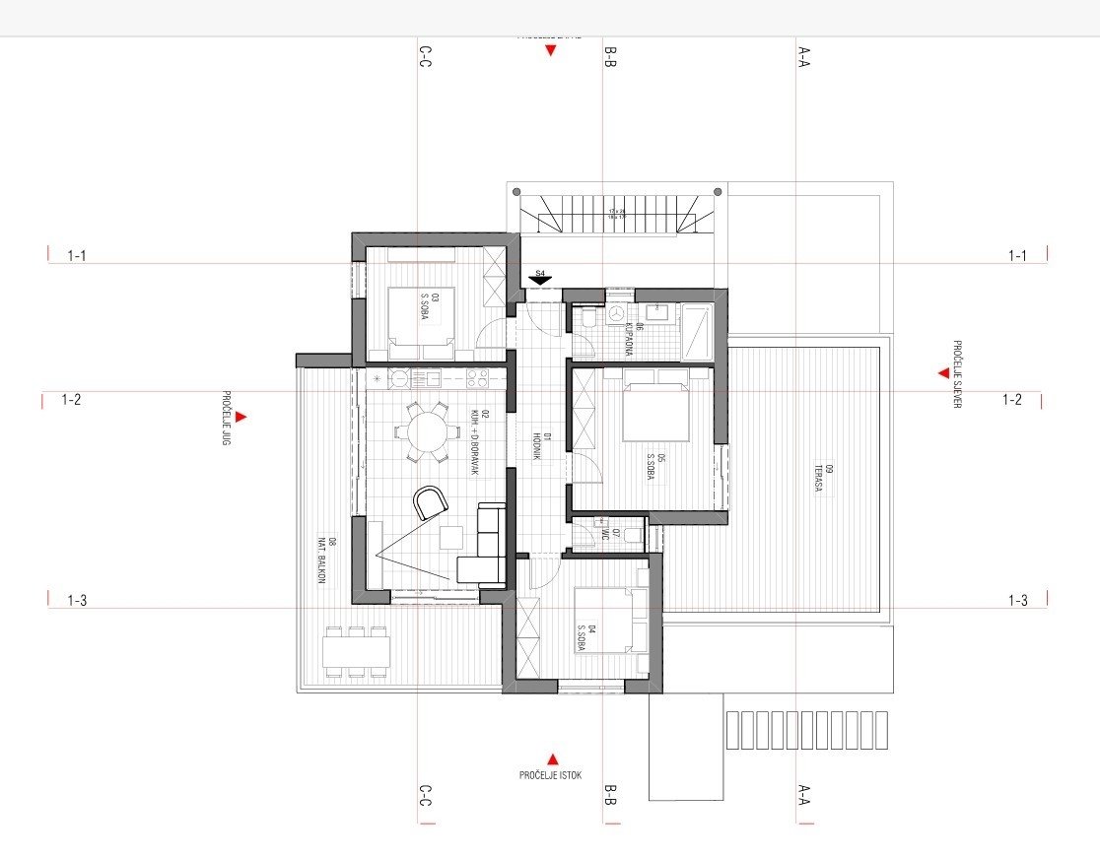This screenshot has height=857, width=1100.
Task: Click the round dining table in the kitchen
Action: tap(426, 430)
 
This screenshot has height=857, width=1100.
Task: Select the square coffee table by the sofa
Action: tap(451, 538)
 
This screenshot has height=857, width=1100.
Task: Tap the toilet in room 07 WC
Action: tap(634, 536)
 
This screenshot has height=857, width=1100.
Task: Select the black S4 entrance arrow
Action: tap(539, 281)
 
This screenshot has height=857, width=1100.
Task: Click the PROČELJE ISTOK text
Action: tap(550, 776)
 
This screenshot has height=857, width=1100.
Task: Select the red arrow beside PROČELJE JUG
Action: tap(241, 417)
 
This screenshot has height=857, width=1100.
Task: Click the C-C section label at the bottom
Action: tap(424, 795)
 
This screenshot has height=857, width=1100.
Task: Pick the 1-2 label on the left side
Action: tap(71, 400)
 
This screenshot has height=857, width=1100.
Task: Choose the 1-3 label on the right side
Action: tap(1017, 600)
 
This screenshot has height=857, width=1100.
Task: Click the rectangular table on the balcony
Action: tap(356, 651)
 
